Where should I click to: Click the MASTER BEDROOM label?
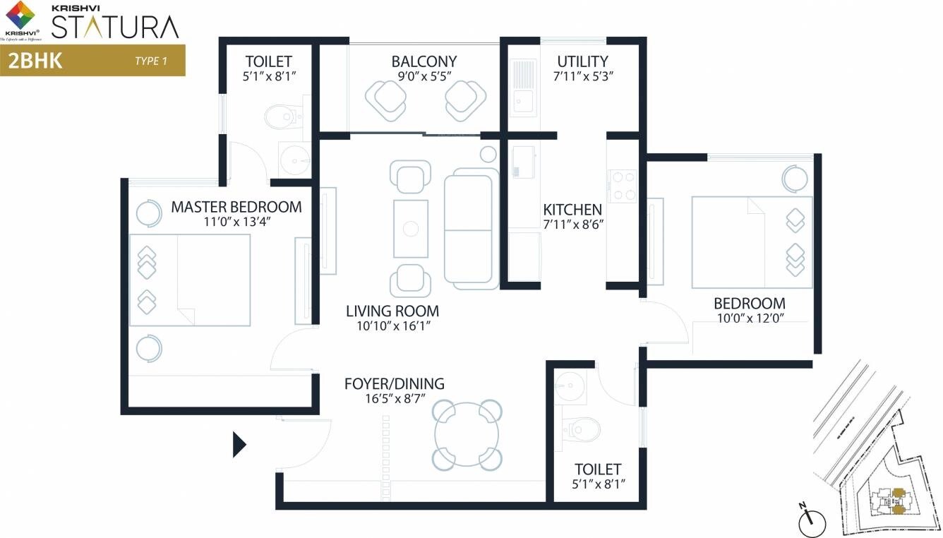click(x=236, y=207)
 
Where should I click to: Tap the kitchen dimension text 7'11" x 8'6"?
click(x=572, y=225)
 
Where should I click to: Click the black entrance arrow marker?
click(x=239, y=445)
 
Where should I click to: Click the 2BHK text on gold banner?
click(x=35, y=60)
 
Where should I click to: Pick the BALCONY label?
click(x=424, y=61)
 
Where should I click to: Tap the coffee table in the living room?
click(x=410, y=228)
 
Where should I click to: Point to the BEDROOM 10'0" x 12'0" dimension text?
click(x=749, y=318)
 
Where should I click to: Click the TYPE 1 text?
click(x=150, y=61)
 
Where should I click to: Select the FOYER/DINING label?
click(x=394, y=384)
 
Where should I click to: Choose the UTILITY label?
click(x=582, y=61)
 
